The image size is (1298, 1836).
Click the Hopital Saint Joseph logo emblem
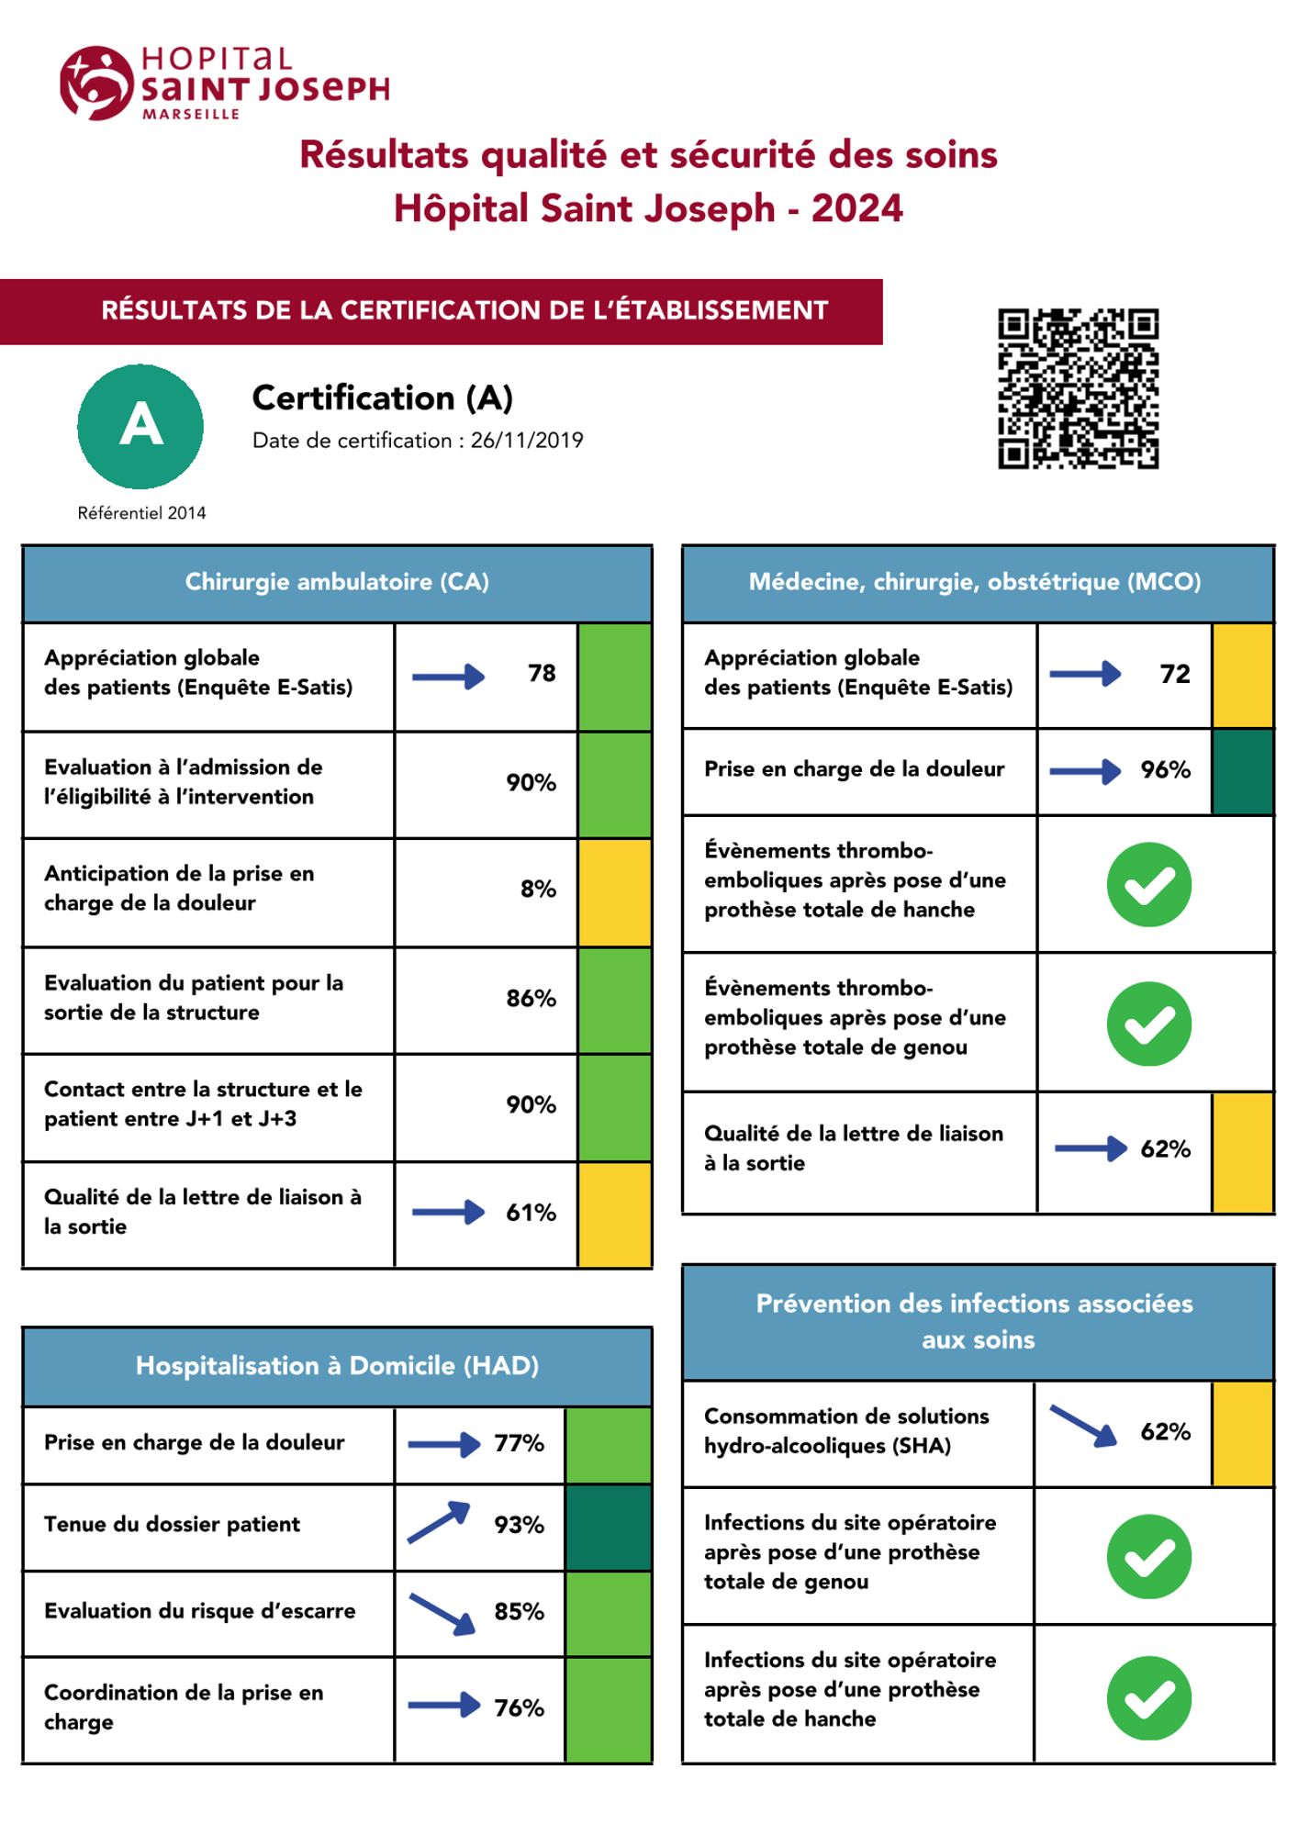[95, 83]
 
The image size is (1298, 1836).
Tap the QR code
[1078, 388]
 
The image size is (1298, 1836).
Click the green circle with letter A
[140, 426]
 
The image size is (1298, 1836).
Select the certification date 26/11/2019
[527, 441]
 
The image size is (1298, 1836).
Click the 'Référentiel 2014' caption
[141, 513]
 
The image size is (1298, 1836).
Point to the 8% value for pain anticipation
[538, 889]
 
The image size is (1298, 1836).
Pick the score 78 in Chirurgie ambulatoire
[542, 674]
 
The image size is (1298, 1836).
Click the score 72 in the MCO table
[1174, 674]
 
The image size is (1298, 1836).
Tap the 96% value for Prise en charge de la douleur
[1165, 769]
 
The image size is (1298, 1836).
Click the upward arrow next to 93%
[439, 1522]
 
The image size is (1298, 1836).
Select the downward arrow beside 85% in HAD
[442, 1613]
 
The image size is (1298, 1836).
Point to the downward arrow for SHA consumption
[1083, 1426]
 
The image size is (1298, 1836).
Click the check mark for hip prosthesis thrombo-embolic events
[1148, 884]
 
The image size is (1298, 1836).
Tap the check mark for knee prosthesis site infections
[1148, 1557]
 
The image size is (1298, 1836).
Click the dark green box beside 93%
[608, 1528]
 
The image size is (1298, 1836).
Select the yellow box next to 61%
[614, 1215]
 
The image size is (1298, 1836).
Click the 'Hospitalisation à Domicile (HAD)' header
[337, 1366]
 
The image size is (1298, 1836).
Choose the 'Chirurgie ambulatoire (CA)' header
[337, 582]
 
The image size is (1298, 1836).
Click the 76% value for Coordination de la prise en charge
[519, 1707]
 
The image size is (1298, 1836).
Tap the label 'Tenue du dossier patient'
[172, 1524]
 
